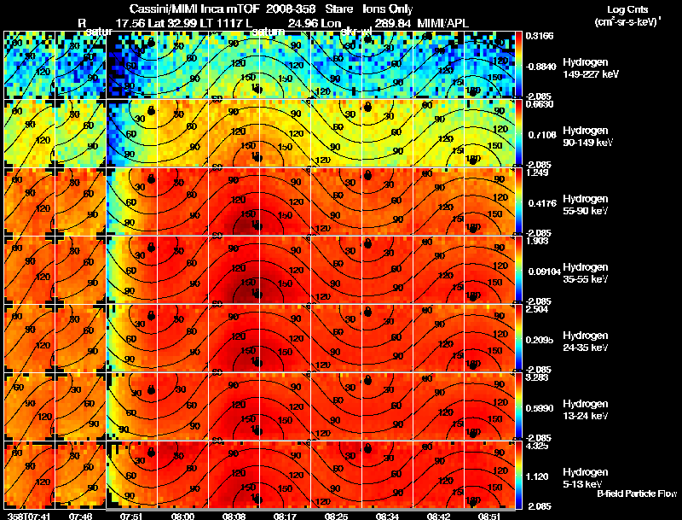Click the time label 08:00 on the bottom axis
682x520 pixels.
click(182, 516)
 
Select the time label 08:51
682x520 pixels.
click(488, 516)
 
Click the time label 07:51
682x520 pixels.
click(131, 516)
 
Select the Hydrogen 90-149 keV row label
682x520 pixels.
click(587, 137)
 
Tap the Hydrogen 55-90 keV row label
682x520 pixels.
click(586, 205)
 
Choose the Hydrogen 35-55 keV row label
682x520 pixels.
click(586, 273)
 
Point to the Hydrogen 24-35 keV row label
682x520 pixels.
click(586, 342)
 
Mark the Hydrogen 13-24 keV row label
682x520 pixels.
click(586, 409)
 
